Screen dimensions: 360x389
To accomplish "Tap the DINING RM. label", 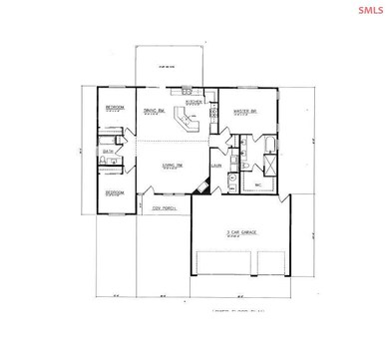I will [153, 110].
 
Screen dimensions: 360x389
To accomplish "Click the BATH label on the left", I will [108, 153].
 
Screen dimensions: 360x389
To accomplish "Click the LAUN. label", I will [216, 167].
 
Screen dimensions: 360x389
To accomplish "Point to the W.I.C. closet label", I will [257, 183].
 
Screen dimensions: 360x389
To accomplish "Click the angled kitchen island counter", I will [187, 122].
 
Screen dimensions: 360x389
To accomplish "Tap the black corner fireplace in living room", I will [202, 185].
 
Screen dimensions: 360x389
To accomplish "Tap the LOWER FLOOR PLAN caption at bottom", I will [239, 310].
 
